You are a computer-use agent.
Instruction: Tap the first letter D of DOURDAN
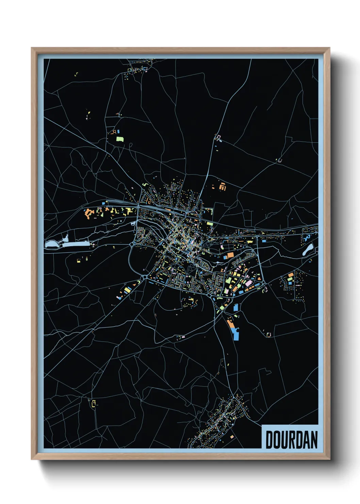269,440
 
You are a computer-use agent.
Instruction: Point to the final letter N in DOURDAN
314,440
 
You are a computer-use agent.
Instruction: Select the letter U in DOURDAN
284,440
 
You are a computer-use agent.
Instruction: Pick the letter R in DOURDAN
292,440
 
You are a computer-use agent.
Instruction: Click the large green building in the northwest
120,139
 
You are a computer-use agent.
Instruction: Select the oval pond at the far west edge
51,243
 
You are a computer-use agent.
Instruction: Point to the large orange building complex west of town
89,214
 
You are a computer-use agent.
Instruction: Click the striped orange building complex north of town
223,187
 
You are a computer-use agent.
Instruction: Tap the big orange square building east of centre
230,255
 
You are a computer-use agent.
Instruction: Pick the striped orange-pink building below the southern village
232,437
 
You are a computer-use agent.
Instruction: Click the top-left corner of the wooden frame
32,48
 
